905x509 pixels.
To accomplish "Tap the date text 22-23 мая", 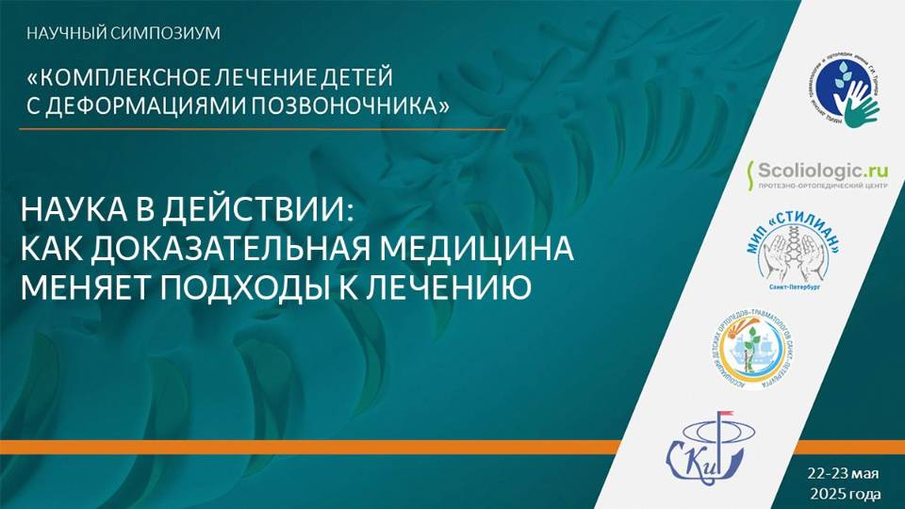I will (x=843, y=472).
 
